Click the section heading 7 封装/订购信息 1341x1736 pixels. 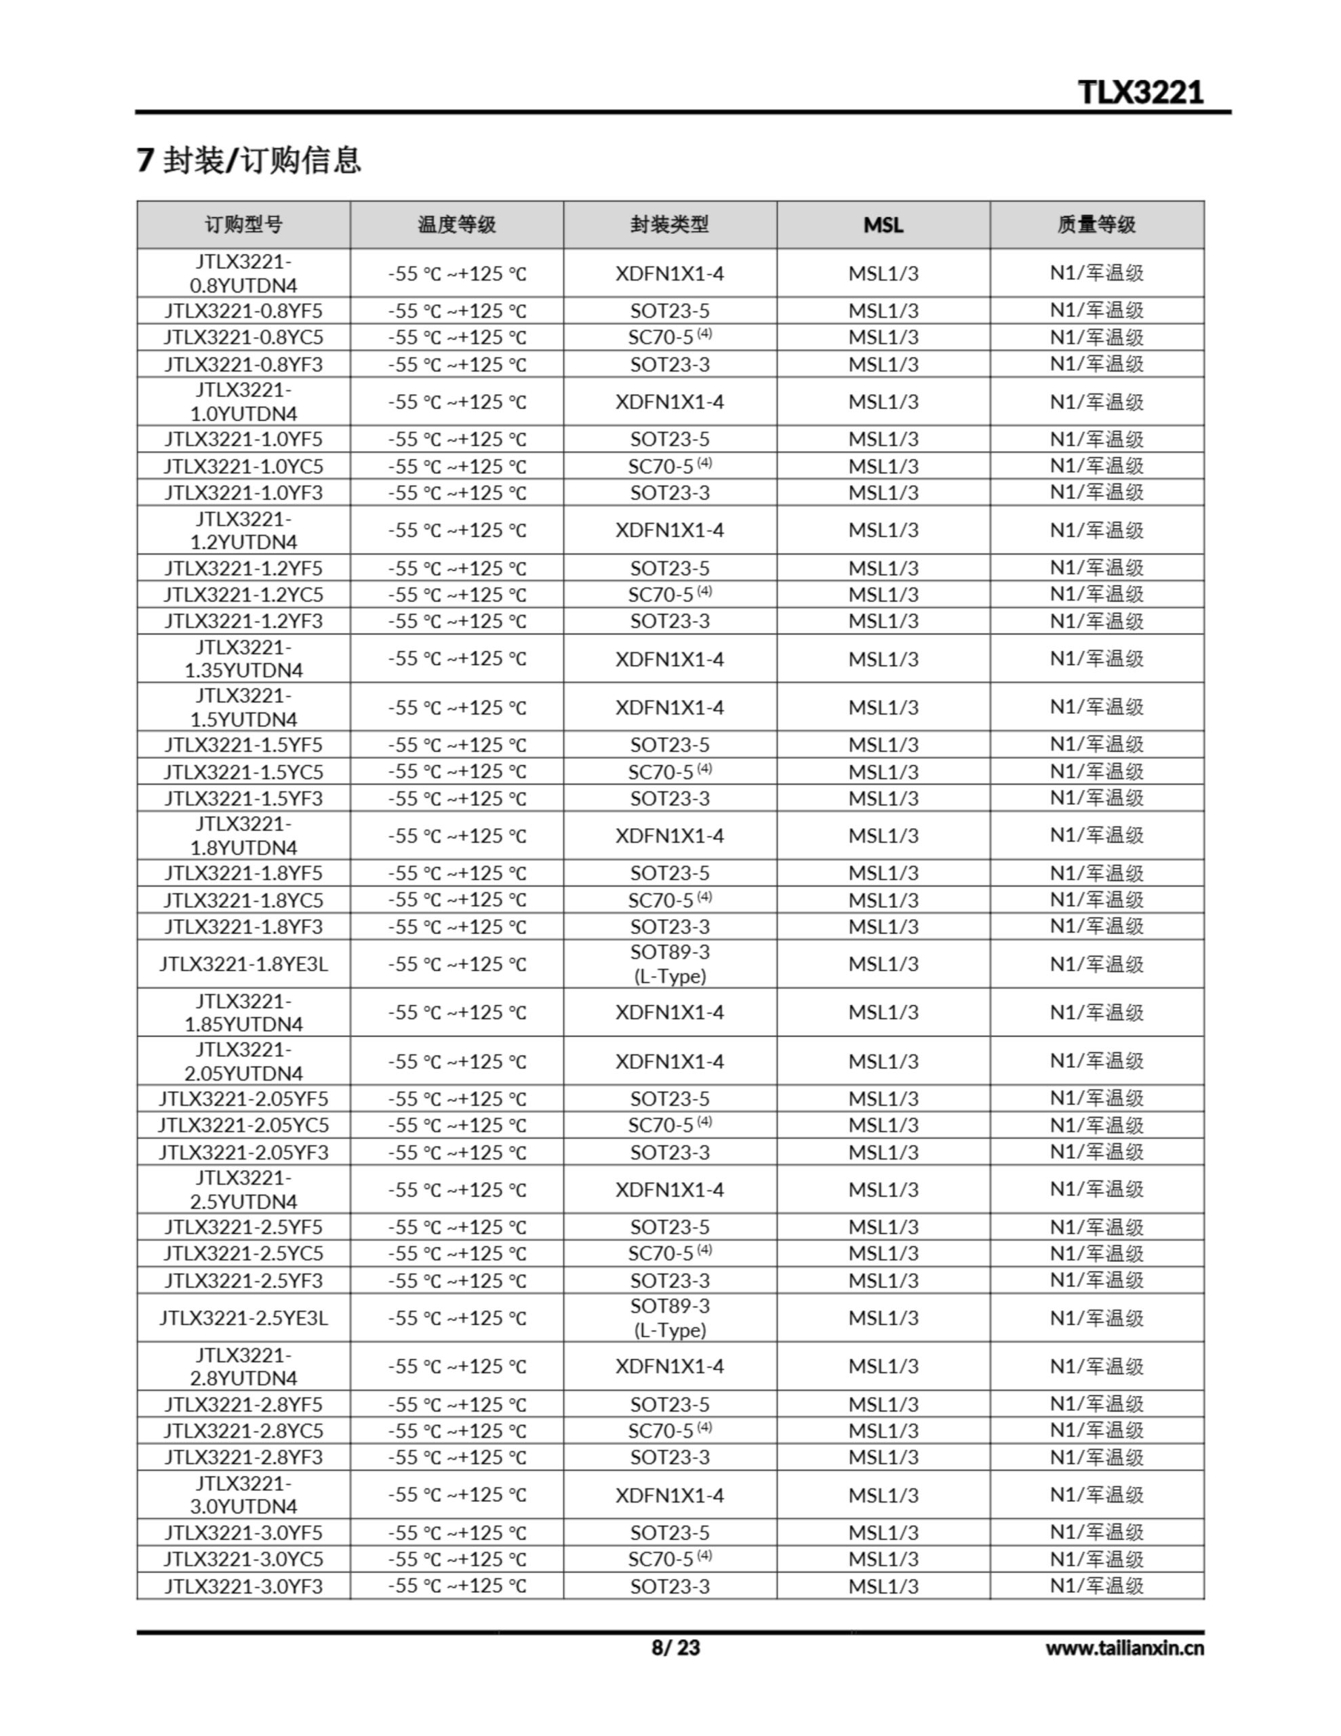click(249, 160)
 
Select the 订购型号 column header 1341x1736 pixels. click(243, 225)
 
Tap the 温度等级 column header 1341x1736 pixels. click(456, 225)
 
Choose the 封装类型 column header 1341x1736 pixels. click(669, 225)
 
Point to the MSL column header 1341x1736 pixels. click(883, 225)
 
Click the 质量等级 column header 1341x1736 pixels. click(1096, 225)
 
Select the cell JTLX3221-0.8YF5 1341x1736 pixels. click(243, 310)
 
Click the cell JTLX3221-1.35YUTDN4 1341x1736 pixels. click(243, 658)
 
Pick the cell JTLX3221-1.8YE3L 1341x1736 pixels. click(243, 964)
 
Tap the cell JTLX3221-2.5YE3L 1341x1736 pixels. click(243, 1317)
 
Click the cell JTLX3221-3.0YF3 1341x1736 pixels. click(243, 1585)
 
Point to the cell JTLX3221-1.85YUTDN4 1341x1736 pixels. click(243, 1012)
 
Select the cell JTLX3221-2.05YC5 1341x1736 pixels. click(243, 1125)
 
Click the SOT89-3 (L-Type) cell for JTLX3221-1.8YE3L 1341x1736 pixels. click(669, 964)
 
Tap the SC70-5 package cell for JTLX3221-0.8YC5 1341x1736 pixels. click(669, 337)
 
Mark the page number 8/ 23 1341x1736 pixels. click(675, 1647)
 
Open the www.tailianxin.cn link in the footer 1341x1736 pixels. click(1124, 1648)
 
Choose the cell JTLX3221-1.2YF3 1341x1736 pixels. click(243, 620)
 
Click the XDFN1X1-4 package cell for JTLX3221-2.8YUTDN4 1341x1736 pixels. click(669, 1366)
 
